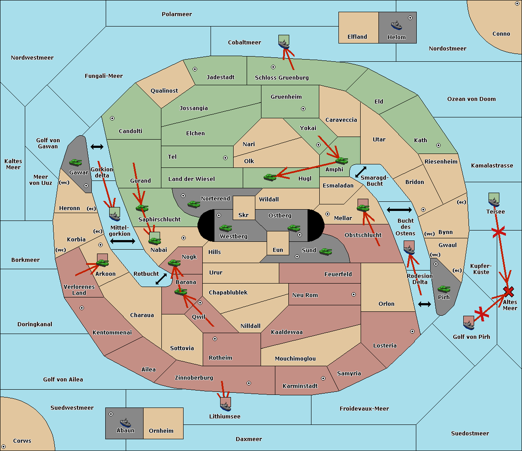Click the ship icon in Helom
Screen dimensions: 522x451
point(396,25)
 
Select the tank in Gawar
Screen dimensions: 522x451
point(75,162)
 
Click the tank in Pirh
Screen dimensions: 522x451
point(444,289)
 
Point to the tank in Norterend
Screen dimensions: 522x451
point(194,204)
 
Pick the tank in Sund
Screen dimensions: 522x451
point(325,251)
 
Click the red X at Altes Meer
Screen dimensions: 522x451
point(508,292)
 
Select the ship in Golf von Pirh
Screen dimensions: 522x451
point(469,325)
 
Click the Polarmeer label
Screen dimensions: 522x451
point(177,14)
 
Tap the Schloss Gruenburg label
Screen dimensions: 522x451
point(282,77)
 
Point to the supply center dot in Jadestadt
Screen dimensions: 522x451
point(195,69)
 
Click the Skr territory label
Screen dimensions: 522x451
point(244,215)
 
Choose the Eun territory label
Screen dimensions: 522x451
point(278,250)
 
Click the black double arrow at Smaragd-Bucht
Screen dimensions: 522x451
point(361,172)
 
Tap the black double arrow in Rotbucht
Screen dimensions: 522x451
point(161,279)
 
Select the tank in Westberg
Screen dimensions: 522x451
point(225,228)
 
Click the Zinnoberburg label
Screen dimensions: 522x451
point(194,378)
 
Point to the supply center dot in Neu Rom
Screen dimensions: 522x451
point(354,294)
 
